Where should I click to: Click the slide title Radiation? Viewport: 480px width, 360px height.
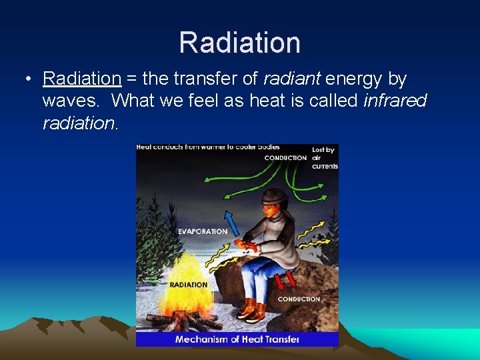(x=240, y=42)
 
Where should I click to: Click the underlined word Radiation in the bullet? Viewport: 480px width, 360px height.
(x=81, y=79)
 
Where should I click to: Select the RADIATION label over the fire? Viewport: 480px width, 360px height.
(x=189, y=285)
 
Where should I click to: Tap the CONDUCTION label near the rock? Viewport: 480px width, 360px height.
(x=299, y=299)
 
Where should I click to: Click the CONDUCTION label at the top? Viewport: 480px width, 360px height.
(x=285, y=158)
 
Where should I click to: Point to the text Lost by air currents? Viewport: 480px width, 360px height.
(x=324, y=157)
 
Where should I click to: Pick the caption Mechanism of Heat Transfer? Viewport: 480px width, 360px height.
(x=237, y=339)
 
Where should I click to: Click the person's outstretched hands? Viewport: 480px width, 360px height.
(x=247, y=246)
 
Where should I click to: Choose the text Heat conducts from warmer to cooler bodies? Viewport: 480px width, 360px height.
(x=208, y=147)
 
